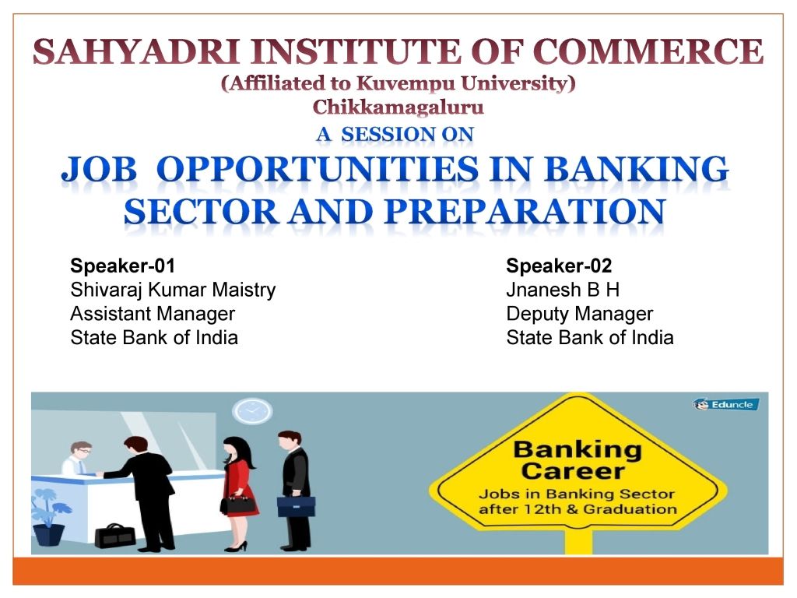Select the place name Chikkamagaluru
398,107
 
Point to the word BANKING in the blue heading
637,169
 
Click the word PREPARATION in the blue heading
525,211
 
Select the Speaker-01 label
122,266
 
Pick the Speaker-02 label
559,266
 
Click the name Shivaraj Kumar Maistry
173,290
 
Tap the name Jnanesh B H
563,290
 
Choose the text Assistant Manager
153,314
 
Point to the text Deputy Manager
579,314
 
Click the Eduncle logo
726,405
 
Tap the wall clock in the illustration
252,411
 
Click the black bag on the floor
115,536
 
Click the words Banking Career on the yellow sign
577,460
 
